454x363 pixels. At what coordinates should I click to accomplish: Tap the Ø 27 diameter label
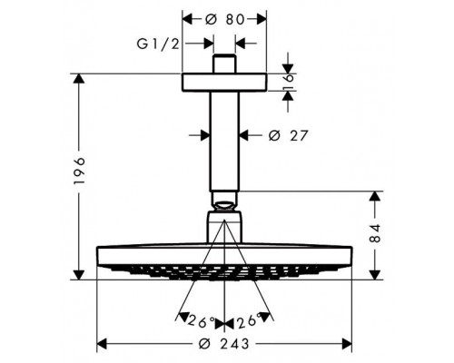tap(284, 135)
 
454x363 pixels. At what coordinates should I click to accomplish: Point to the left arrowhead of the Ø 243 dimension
tap(101, 344)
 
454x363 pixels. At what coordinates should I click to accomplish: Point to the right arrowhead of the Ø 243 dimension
tap(349, 344)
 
